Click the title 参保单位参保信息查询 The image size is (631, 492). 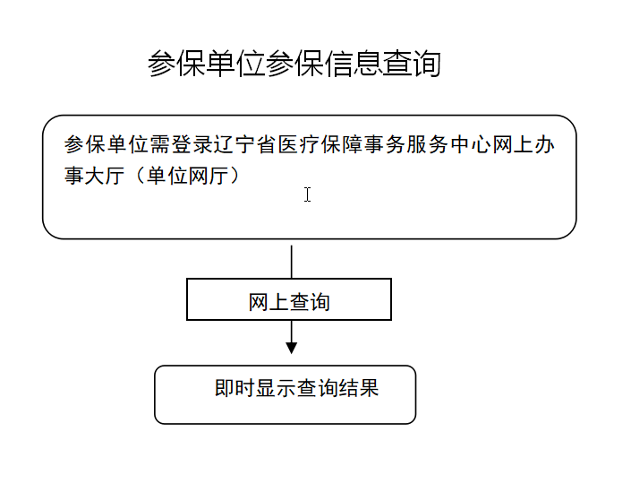[294, 64]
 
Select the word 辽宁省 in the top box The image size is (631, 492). [245, 144]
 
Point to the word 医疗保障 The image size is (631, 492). [320, 144]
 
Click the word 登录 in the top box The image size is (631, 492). [192, 144]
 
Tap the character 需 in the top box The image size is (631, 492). [160, 144]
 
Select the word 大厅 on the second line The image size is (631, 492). [106, 176]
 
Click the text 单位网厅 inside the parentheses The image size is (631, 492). [187, 176]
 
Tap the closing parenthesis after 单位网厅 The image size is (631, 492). [234, 176]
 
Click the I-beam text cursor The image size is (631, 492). [308, 194]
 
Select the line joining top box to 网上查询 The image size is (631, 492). [292, 262]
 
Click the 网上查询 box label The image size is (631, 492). [289, 302]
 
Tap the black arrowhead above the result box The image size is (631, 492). [292, 348]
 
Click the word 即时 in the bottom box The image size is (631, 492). [234, 388]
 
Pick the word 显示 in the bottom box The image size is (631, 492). [276, 388]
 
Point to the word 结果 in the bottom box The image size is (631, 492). [359, 388]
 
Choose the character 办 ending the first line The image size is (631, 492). [544, 144]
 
